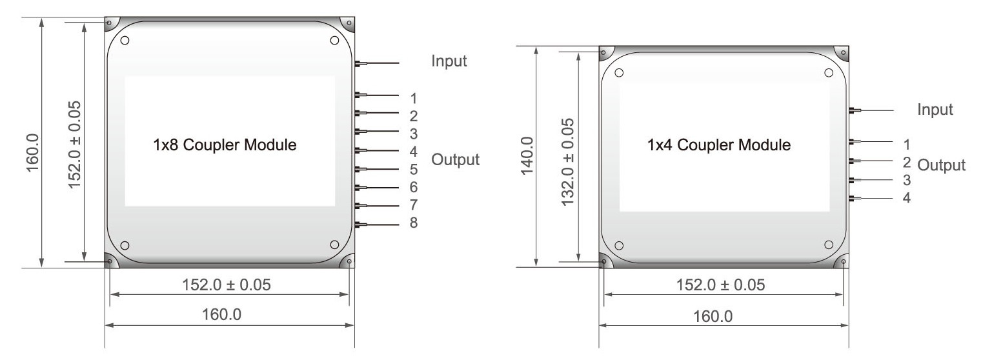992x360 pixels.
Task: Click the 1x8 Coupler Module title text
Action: pyautogui.click(x=225, y=145)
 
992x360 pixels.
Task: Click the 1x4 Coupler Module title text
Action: pyautogui.click(x=719, y=145)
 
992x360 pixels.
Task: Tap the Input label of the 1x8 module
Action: pyautogui.click(x=449, y=61)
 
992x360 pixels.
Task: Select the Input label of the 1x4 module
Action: pyautogui.click(x=935, y=110)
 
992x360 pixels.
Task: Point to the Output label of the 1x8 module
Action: pyautogui.click(x=455, y=159)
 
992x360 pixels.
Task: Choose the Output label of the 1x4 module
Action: pyautogui.click(x=941, y=165)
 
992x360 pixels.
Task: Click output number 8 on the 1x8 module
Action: pyautogui.click(x=414, y=223)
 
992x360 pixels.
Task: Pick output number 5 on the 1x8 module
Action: pyautogui.click(x=414, y=169)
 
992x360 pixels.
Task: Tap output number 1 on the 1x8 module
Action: pyautogui.click(x=414, y=98)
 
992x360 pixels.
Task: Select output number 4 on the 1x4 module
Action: pyautogui.click(x=907, y=197)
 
